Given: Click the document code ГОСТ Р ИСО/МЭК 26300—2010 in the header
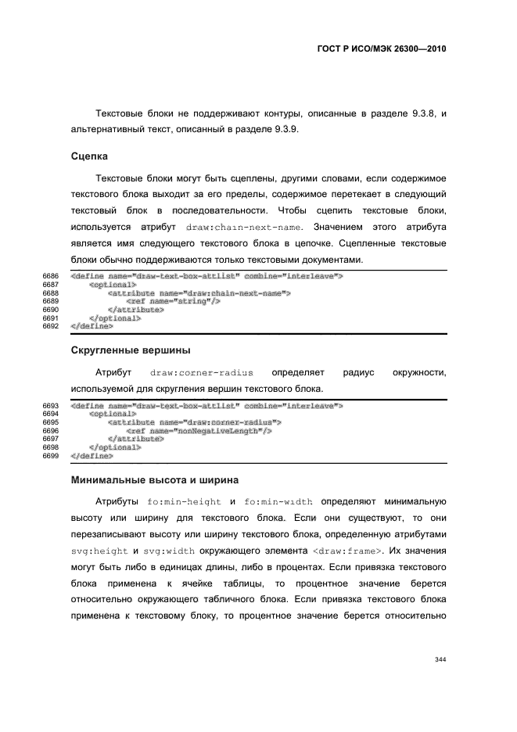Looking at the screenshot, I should (x=377, y=48).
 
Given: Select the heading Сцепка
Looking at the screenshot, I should (x=89, y=156).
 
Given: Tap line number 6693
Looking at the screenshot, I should (x=51, y=406).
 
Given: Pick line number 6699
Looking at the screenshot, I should (x=51, y=455).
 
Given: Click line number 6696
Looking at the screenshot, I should (x=51, y=431).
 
